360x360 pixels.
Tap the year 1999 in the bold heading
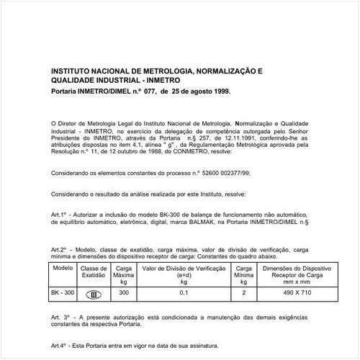point(220,93)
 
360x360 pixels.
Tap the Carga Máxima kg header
point(123,274)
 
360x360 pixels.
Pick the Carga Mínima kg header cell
point(245,274)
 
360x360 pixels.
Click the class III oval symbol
point(94,294)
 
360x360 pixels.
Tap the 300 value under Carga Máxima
point(123,293)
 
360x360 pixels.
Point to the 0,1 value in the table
point(183,293)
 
